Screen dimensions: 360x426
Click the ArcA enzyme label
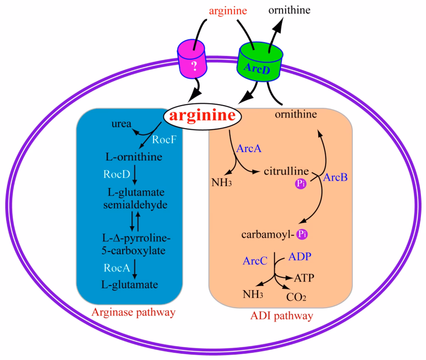[249, 148]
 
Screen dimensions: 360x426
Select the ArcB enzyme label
[335, 178]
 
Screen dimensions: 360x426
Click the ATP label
[305, 277]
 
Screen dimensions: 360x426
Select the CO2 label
[297, 297]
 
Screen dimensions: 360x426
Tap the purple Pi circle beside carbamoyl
[302, 234]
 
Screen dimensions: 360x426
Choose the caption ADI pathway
[282, 316]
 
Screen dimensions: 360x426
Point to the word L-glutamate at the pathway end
[130, 285]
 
